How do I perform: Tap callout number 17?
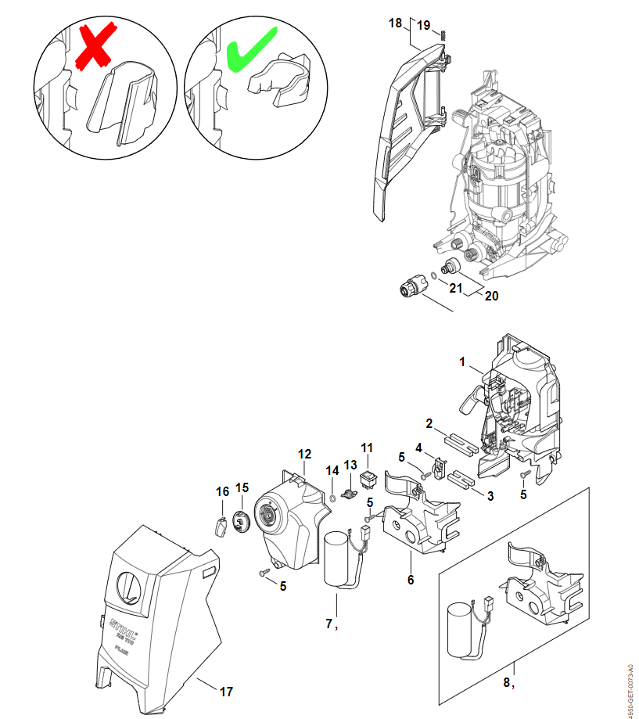(x=226, y=692)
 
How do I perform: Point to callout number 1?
(x=462, y=362)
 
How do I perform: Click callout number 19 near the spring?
(x=423, y=25)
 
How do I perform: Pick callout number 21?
(x=455, y=289)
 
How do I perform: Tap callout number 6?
(x=411, y=580)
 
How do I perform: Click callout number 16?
(x=223, y=491)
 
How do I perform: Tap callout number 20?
(x=490, y=297)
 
